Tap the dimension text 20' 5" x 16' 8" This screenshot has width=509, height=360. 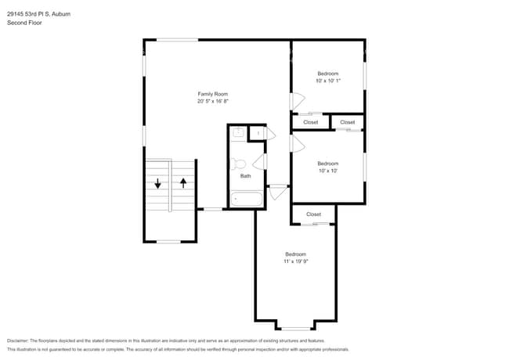[212, 101]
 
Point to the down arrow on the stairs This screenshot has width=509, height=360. [157, 184]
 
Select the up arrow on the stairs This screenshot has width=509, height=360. [183, 184]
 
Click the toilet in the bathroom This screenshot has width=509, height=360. [239, 164]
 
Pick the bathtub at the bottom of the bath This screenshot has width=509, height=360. [247, 199]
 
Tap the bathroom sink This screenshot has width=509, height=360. [239, 132]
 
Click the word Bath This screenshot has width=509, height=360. [245, 176]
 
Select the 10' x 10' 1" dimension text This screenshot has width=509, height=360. [328, 80]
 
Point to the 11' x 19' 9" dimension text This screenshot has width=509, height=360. [295, 261]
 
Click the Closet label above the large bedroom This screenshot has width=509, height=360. [313, 214]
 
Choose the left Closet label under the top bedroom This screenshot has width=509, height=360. [310, 122]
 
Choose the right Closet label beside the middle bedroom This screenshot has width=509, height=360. [347, 122]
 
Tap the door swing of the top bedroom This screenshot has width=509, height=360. [297, 102]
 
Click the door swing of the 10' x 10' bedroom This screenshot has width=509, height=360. [297, 144]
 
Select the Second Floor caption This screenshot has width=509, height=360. [24, 23]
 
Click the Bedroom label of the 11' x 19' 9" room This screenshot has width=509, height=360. [295, 254]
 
